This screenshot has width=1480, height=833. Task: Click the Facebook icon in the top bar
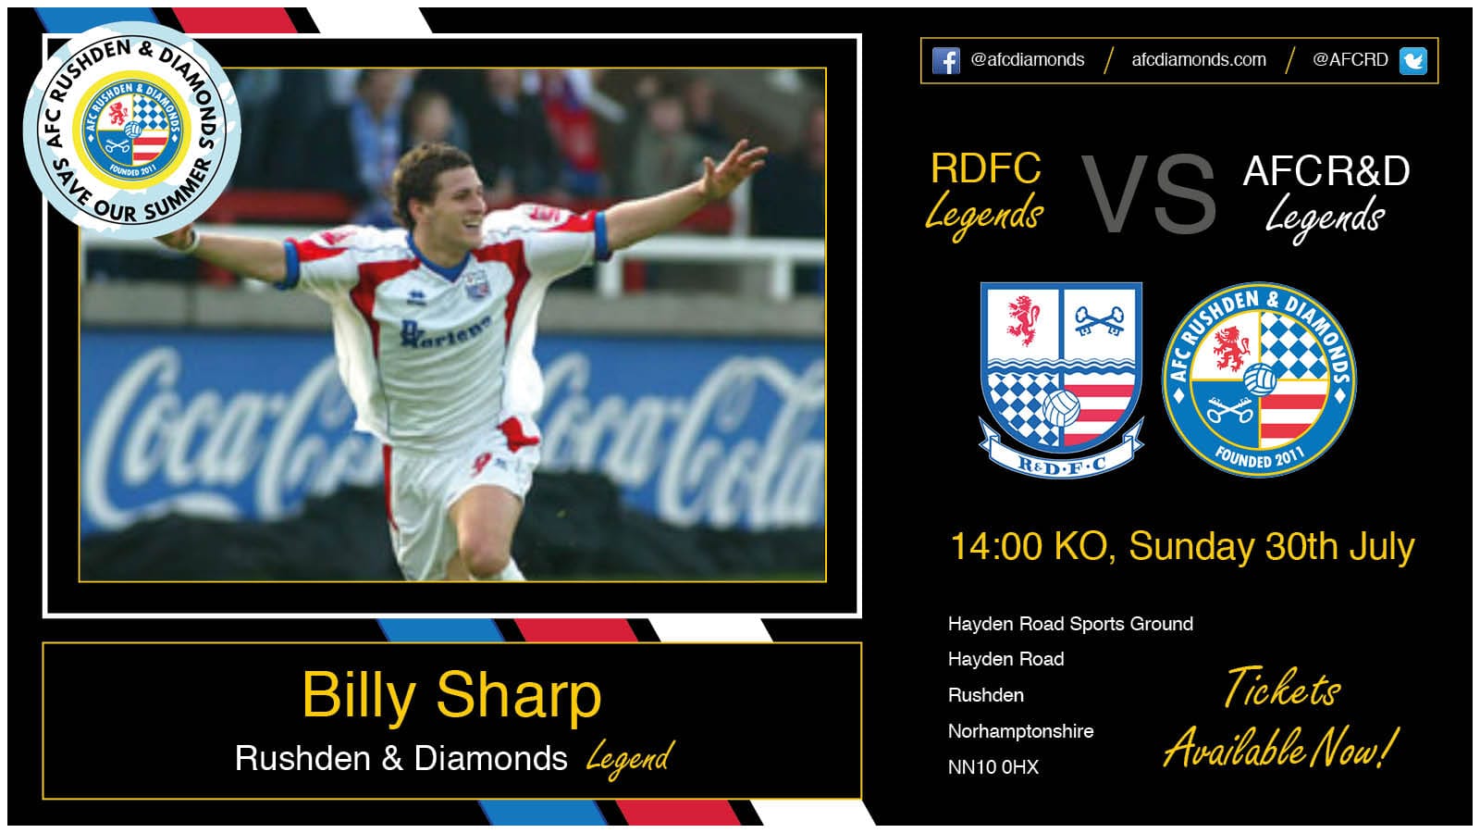(946, 61)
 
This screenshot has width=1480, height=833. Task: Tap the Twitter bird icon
(1412, 61)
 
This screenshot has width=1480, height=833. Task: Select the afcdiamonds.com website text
(1198, 60)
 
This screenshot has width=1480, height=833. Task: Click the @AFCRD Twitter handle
(1350, 60)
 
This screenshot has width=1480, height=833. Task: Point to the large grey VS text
(1149, 194)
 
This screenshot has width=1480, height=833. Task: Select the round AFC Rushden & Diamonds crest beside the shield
(1259, 379)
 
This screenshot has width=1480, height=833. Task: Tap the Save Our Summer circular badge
(132, 130)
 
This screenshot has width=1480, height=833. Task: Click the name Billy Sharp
(451, 695)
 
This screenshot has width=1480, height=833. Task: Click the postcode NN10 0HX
(993, 767)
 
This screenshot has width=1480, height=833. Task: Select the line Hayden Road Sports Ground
(1070, 624)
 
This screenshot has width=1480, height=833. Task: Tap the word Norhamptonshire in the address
(1020, 731)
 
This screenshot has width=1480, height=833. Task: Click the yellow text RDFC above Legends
(985, 169)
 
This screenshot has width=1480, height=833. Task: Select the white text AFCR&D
(1326, 171)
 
